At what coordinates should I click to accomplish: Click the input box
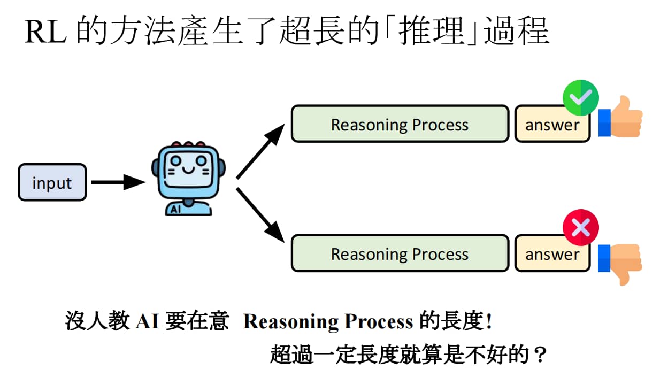(x=52, y=182)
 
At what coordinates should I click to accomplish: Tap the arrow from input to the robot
(x=118, y=182)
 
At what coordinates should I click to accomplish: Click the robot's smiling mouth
(x=188, y=170)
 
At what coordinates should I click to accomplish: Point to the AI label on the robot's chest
(x=175, y=210)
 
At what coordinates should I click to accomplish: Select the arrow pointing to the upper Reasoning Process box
(x=260, y=151)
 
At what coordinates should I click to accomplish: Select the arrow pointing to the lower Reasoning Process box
(x=260, y=215)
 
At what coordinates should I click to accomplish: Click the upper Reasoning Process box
(x=400, y=124)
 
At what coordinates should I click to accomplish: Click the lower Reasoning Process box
(x=400, y=253)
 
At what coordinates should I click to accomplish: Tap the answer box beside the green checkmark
(x=552, y=124)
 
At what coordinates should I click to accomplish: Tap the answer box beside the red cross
(x=552, y=254)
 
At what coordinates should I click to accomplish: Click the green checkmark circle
(x=581, y=98)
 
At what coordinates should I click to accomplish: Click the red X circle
(x=581, y=227)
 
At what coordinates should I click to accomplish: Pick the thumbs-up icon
(x=620, y=117)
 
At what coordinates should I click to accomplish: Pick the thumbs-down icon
(x=620, y=264)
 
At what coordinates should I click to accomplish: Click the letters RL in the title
(x=45, y=32)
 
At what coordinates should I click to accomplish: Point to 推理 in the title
(x=432, y=30)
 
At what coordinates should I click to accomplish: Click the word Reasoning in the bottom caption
(x=291, y=321)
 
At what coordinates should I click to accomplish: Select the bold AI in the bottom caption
(x=147, y=321)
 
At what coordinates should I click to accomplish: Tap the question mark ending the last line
(x=540, y=355)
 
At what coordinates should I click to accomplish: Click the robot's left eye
(x=176, y=161)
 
